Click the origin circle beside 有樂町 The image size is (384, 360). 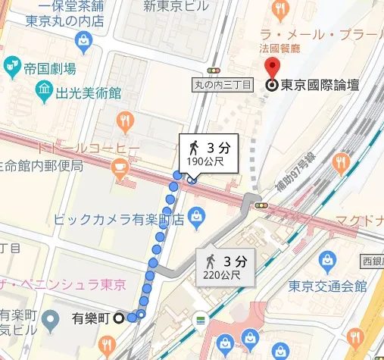pos(119,319)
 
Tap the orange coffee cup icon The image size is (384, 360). pos(120,166)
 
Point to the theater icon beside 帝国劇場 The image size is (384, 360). pos(12,67)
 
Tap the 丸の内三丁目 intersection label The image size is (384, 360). pos(223,85)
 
